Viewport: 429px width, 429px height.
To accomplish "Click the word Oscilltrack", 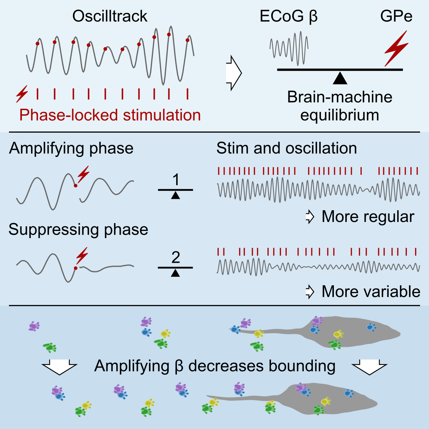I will [110, 16].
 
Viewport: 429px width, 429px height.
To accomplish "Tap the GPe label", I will [396, 16].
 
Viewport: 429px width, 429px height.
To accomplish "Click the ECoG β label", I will [289, 16].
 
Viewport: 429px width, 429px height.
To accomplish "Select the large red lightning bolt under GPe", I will [396, 48].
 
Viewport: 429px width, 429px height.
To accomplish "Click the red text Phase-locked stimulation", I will [110, 115].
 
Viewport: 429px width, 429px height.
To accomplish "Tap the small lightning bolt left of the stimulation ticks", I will [22, 94].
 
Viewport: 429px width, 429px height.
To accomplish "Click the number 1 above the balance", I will [175, 180].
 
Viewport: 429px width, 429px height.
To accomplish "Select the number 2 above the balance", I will [176, 257].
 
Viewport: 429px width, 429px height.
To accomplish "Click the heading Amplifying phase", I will [71, 148].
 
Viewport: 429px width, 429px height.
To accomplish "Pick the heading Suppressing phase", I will [78, 230].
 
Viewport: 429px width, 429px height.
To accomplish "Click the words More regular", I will [368, 217].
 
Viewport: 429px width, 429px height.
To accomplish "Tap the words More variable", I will [371, 292].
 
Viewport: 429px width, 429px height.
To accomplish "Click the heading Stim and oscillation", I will [286, 148].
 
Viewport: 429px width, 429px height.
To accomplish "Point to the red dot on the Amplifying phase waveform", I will [75, 186].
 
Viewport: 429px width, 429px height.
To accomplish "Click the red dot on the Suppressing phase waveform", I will [75, 268].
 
